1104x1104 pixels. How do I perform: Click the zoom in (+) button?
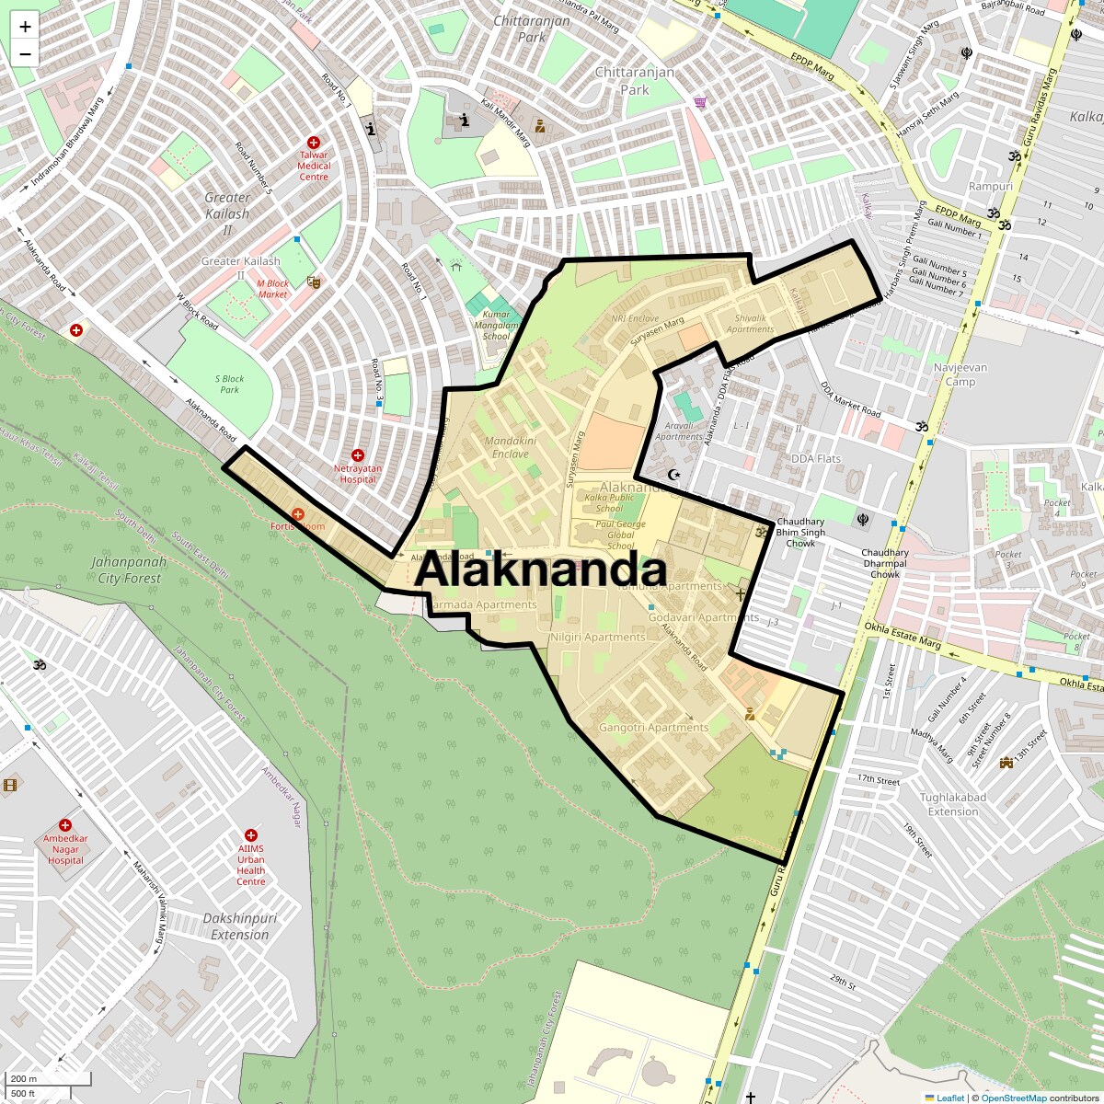[25, 27]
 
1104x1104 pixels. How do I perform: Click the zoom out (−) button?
[25, 54]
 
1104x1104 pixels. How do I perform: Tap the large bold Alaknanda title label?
[540, 570]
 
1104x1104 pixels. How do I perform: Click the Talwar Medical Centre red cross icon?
[314, 144]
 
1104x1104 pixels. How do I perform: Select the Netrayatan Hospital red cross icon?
[358, 455]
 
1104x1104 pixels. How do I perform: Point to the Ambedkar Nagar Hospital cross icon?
[65, 826]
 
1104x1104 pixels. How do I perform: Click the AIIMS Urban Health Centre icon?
[251, 834]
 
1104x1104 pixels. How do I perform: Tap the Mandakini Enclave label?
[510, 447]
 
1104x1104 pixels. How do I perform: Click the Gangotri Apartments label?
[653, 728]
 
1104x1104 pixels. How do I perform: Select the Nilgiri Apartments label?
[597, 638]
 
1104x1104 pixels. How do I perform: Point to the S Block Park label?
[229, 384]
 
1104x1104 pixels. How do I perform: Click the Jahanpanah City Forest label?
[129, 570]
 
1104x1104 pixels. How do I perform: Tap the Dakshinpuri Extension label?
[239, 926]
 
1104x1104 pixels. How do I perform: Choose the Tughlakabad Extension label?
[953, 805]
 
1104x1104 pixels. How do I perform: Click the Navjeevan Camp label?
[960, 374]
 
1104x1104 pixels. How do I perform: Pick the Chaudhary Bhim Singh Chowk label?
[800, 533]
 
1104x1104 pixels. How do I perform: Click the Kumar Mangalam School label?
[495, 325]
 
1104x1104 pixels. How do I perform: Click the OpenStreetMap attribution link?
[1013, 1098]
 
